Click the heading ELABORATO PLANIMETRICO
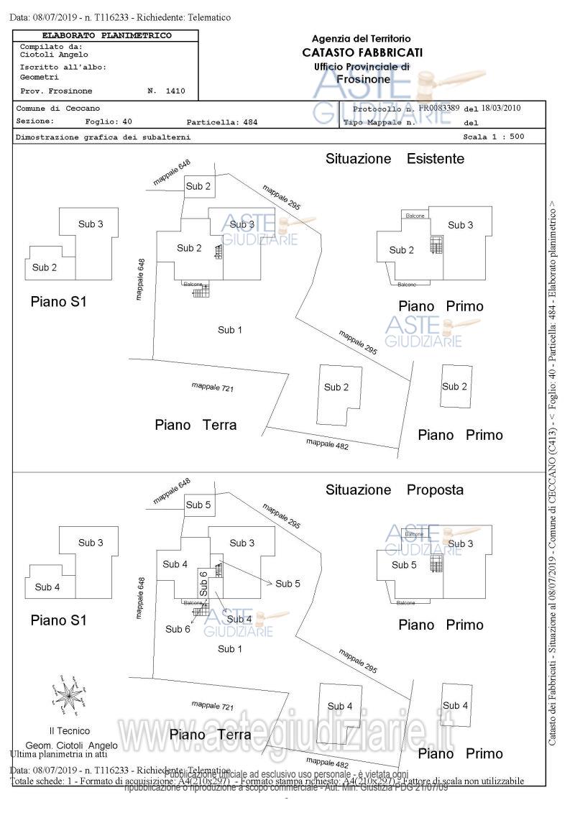point(106,35)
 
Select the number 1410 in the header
point(175,91)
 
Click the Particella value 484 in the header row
point(249,122)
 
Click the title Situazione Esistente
point(395,159)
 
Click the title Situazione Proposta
point(394,490)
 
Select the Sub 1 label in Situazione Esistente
point(230,330)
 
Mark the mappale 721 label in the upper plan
point(213,387)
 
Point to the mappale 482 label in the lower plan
point(327,764)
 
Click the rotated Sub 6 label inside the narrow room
point(203,584)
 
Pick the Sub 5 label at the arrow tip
point(287,584)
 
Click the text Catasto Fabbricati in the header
point(362,52)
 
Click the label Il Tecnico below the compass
point(70,731)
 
